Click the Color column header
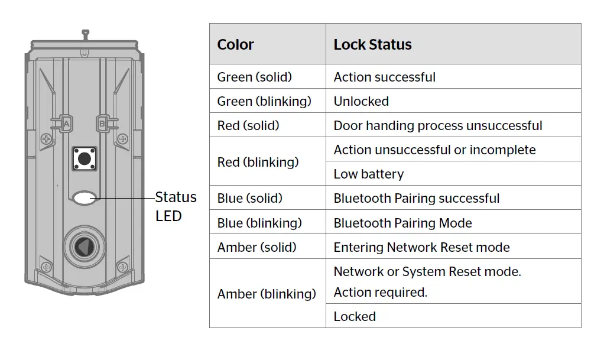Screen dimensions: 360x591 click(x=236, y=44)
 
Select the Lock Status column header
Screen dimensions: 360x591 click(x=372, y=44)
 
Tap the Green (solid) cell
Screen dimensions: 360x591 click(x=255, y=77)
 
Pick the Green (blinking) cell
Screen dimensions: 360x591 click(x=264, y=101)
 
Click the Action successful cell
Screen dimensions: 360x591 click(x=385, y=77)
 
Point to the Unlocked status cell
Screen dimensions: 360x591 click(x=361, y=101)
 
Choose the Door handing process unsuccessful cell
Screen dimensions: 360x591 click(x=438, y=125)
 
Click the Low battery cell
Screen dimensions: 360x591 click(x=369, y=174)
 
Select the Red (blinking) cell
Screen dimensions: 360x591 click(x=258, y=162)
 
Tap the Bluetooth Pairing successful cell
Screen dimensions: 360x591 click(x=417, y=198)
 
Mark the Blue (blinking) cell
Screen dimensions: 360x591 click(x=259, y=223)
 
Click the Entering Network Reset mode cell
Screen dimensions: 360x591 click(x=421, y=247)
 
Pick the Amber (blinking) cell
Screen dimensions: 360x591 click(x=267, y=294)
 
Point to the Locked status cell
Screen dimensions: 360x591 click(x=355, y=316)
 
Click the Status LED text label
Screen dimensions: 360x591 click(x=176, y=206)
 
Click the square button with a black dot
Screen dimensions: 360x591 click(x=85, y=158)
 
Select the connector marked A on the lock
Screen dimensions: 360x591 click(x=66, y=124)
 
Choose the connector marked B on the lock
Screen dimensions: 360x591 click(x=102, y=124)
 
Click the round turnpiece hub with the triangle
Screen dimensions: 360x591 click(x=85, y=247)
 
